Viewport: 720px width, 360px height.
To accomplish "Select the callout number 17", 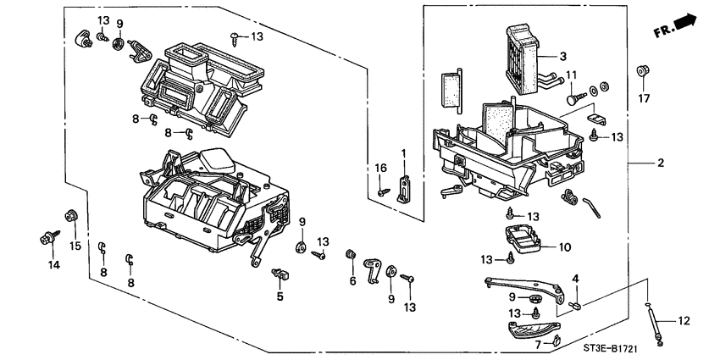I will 645,99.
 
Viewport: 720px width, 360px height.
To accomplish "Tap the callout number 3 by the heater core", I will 561,56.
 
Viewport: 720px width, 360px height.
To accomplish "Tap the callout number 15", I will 74,246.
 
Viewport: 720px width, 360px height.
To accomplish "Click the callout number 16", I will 381,169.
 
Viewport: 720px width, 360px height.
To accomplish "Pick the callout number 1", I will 404,153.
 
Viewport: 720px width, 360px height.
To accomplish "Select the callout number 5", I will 279,296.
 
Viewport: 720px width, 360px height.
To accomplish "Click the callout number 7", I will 537,344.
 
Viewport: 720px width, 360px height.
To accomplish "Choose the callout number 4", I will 574,279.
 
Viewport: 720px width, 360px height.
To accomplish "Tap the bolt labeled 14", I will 45,240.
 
